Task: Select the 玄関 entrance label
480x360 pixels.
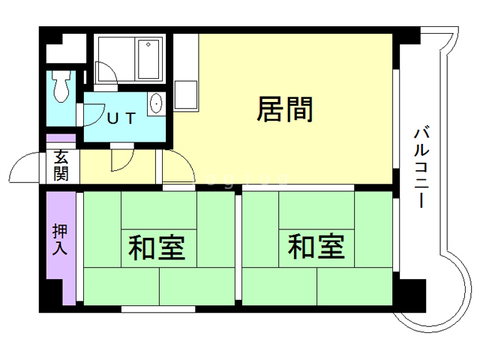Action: pyautogui.click(x=61, y=166)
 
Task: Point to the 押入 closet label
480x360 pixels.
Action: pyautogui.click(x=60, y=239)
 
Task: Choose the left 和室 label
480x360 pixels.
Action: pyautogui.click(x=157, y=247)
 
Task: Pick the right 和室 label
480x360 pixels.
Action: pyautogui.click(x=316, y=247)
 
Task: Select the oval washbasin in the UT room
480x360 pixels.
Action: pyautogui.click(x=156, y=103)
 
